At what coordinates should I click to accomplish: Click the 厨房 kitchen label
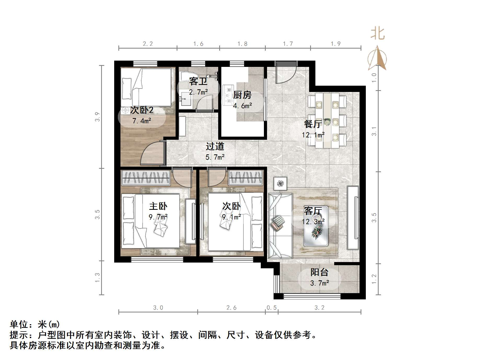242,95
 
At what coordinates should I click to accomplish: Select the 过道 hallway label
215,146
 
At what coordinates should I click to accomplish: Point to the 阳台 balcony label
319,272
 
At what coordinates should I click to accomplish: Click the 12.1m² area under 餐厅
313,135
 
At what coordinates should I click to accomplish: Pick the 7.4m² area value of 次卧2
142,121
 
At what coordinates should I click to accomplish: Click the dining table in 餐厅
327,120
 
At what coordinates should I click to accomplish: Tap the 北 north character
378,34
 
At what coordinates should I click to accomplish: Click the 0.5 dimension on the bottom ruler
271,307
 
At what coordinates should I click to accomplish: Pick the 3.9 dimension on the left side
97,117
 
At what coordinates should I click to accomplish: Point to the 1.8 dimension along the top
242,44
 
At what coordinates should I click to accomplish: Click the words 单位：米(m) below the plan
35,324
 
